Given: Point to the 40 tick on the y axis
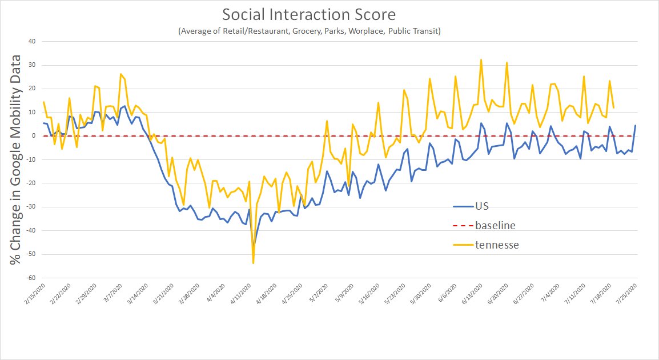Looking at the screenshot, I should tap(32, 41).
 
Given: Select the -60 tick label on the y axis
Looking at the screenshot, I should tap(31, 278).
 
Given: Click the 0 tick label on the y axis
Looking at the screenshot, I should tap(34, 136).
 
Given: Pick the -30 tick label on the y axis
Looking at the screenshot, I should tap(31, 207).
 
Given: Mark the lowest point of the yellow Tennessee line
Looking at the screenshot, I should tap(253, 263).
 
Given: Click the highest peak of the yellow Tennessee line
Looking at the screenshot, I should tap(481, 59).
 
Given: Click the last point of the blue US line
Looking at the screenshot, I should tap(635, 126).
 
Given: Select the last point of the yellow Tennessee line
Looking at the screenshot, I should tap(613, 107).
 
